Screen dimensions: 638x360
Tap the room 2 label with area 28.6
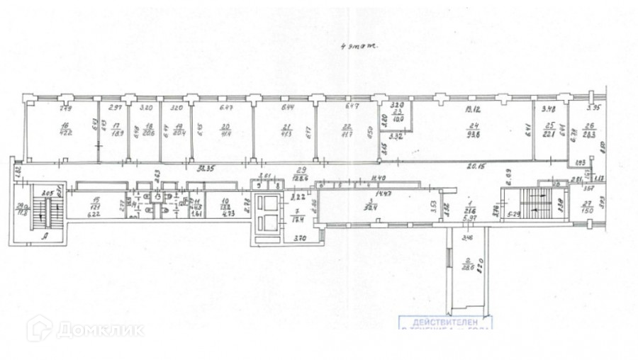467,261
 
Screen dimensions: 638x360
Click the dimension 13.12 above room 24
473,109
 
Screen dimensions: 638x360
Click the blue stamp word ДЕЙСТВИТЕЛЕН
444,320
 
